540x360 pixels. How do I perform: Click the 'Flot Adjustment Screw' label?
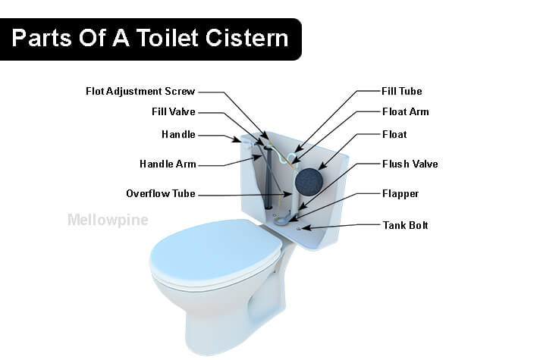(140, 92)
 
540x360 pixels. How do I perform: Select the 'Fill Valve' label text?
(174, 112)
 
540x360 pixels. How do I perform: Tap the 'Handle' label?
(178, 135)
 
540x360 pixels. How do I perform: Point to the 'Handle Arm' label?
(168, 164)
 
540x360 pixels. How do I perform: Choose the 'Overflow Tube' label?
(161, 194)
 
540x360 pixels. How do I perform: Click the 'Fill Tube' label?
(402, 92)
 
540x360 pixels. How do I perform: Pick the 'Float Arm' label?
(406, 112)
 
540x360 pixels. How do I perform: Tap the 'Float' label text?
(394, 135)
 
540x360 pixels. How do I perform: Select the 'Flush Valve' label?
(410, 164)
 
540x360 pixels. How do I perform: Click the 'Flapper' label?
(400, 194)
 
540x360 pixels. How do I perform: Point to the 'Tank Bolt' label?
(405, 225)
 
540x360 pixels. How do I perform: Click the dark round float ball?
(309, 181)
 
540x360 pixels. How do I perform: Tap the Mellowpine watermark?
(108, 221)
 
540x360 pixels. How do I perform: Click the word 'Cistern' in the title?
(247, 37)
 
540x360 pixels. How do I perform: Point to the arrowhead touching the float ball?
(322, 166)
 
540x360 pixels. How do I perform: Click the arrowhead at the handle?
(237, 139)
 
